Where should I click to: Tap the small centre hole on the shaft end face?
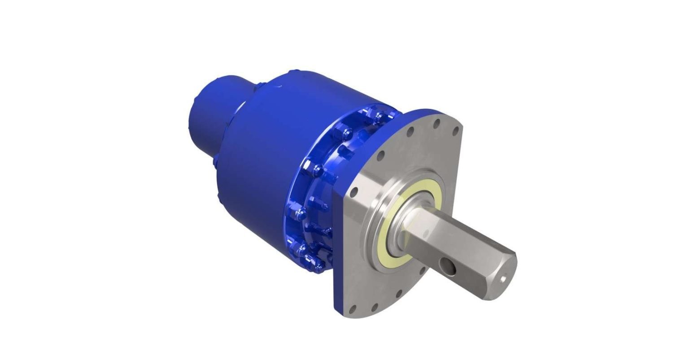(504, 279)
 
